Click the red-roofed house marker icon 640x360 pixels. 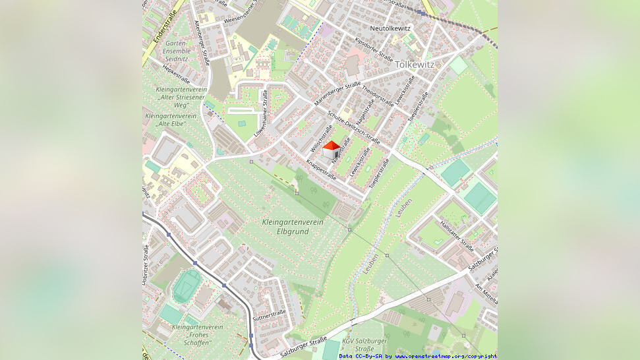pyautogui.click(x=331, y=150)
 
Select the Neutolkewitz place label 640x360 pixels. pyautogui.click(x=390, y=28)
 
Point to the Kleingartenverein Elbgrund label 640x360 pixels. pyautogui.click(x=293, y=227)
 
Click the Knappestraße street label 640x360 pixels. pyautogui.click(x=321, y=169)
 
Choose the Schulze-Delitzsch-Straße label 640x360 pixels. pyautogui.click(x=353, y=127)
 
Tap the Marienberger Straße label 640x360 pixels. pyautogui.click(x=337, y=94)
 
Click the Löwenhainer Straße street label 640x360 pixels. pyautogui.click(x=262, y=113)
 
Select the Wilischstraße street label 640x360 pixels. pyautogui.click(x=321, y=138)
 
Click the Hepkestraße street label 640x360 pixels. pyautogui.click(x=176, y=73)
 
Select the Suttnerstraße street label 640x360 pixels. pyautogui.click(x=270, y=313)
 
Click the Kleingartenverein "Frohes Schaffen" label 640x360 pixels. pyautogui.click(x=197, y=330)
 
